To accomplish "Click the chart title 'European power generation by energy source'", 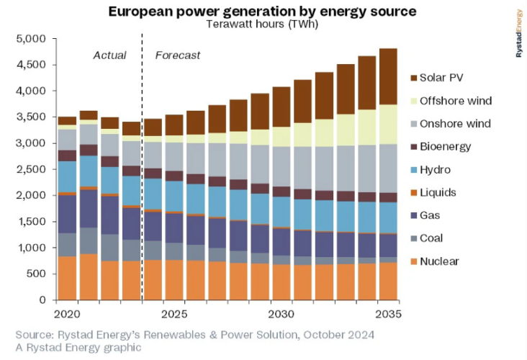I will (262, 12).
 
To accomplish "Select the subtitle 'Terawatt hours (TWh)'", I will (261, 24).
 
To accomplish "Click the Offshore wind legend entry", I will (461, 100).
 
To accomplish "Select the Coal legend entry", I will (443, 238).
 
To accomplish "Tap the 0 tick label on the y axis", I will (42, 300).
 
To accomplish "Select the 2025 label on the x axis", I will (175, 315).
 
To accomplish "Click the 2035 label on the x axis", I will (387, 315).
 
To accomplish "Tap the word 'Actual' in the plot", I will (110, 55).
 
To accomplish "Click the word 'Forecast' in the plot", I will (178, 55).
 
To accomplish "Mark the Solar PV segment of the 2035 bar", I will (389, 76).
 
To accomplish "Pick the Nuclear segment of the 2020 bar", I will (67, 278).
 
